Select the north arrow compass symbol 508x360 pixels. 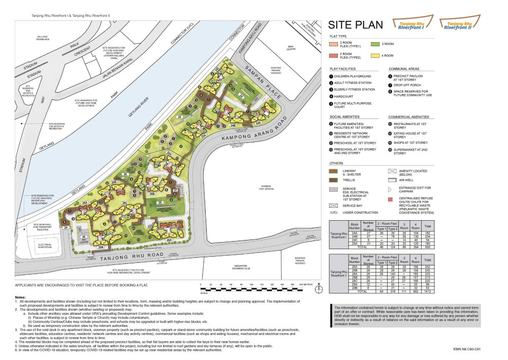pos(319,289)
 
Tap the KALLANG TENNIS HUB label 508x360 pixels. pos(42,38)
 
